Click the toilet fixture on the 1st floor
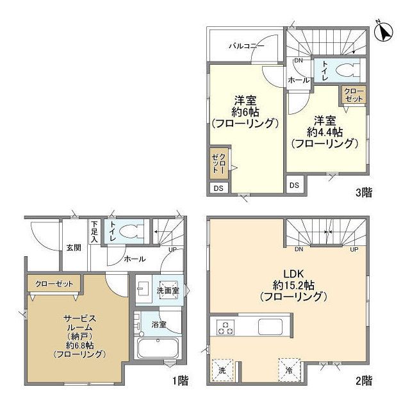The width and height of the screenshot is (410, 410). click(x=131, y=232)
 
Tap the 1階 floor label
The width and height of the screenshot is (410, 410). click(x=180, y=381)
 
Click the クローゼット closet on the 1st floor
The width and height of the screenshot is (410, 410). click(x=54, y=284)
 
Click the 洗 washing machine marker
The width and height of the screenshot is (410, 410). click(x=222, y=370)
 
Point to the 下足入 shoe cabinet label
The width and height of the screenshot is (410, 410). click(x=95, y=231)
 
